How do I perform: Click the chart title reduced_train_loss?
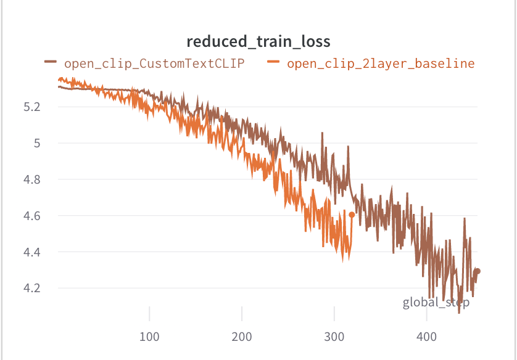[258, 41]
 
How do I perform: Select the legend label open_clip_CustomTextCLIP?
[154, 63]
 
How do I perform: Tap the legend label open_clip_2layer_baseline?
[381, 63]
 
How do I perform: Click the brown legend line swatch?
[51, 62]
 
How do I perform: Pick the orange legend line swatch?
[273, 62]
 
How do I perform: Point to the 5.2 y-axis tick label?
[31, 107]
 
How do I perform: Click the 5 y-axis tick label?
[36, 143]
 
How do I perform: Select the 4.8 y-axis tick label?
[31, 179]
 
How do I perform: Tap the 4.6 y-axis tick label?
[31, 216]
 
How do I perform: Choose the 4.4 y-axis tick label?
[31, 252]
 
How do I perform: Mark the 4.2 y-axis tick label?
[31, 288]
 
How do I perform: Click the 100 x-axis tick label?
[149, 337]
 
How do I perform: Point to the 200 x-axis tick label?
[242, 337]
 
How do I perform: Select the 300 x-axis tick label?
[334, 337]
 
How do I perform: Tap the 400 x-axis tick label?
[426, 337]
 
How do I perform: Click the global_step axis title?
[436, 303]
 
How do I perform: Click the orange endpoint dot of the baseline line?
[352, 215]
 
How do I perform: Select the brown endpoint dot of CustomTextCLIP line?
[477, 271]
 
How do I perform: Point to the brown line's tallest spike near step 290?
[321, 133]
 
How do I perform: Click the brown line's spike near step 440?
[464, 218]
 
